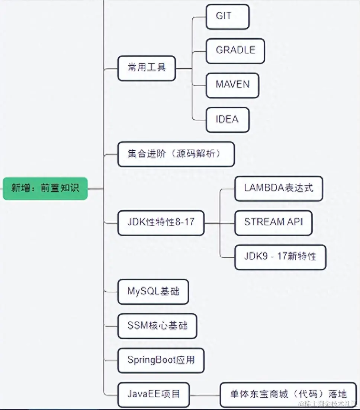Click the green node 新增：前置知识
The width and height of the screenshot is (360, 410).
pyautogui.click(x=45, y=189)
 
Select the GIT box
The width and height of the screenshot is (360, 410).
pyautogui.click(x=227, y=16)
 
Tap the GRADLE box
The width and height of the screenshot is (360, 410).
pyautogui.click(x=235, y=51)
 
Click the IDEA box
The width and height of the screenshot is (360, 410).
pyautogui.click(x=227, y=120)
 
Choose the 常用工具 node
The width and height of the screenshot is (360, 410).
pyautogui.click(x=147, y=68)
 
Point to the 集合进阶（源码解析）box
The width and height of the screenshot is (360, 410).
pyautogui.click(x=176, y=154)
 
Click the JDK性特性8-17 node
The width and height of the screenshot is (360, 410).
pyautogui.click(x=161, y=223)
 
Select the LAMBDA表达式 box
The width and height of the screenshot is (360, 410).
pyautogui.click(x=279, y=188)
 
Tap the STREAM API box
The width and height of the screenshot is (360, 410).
pyautogui.click(x=273, y=222)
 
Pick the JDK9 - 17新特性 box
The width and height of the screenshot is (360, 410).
pyautogui.click(x=280, y=257)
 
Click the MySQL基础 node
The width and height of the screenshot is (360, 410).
pyautogui.click(x=153, y=292)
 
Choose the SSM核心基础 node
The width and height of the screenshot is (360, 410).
pyautogui.click(x=157, y=326)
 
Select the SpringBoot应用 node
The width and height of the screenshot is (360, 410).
pyautogui.click(x=161, y=361)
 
